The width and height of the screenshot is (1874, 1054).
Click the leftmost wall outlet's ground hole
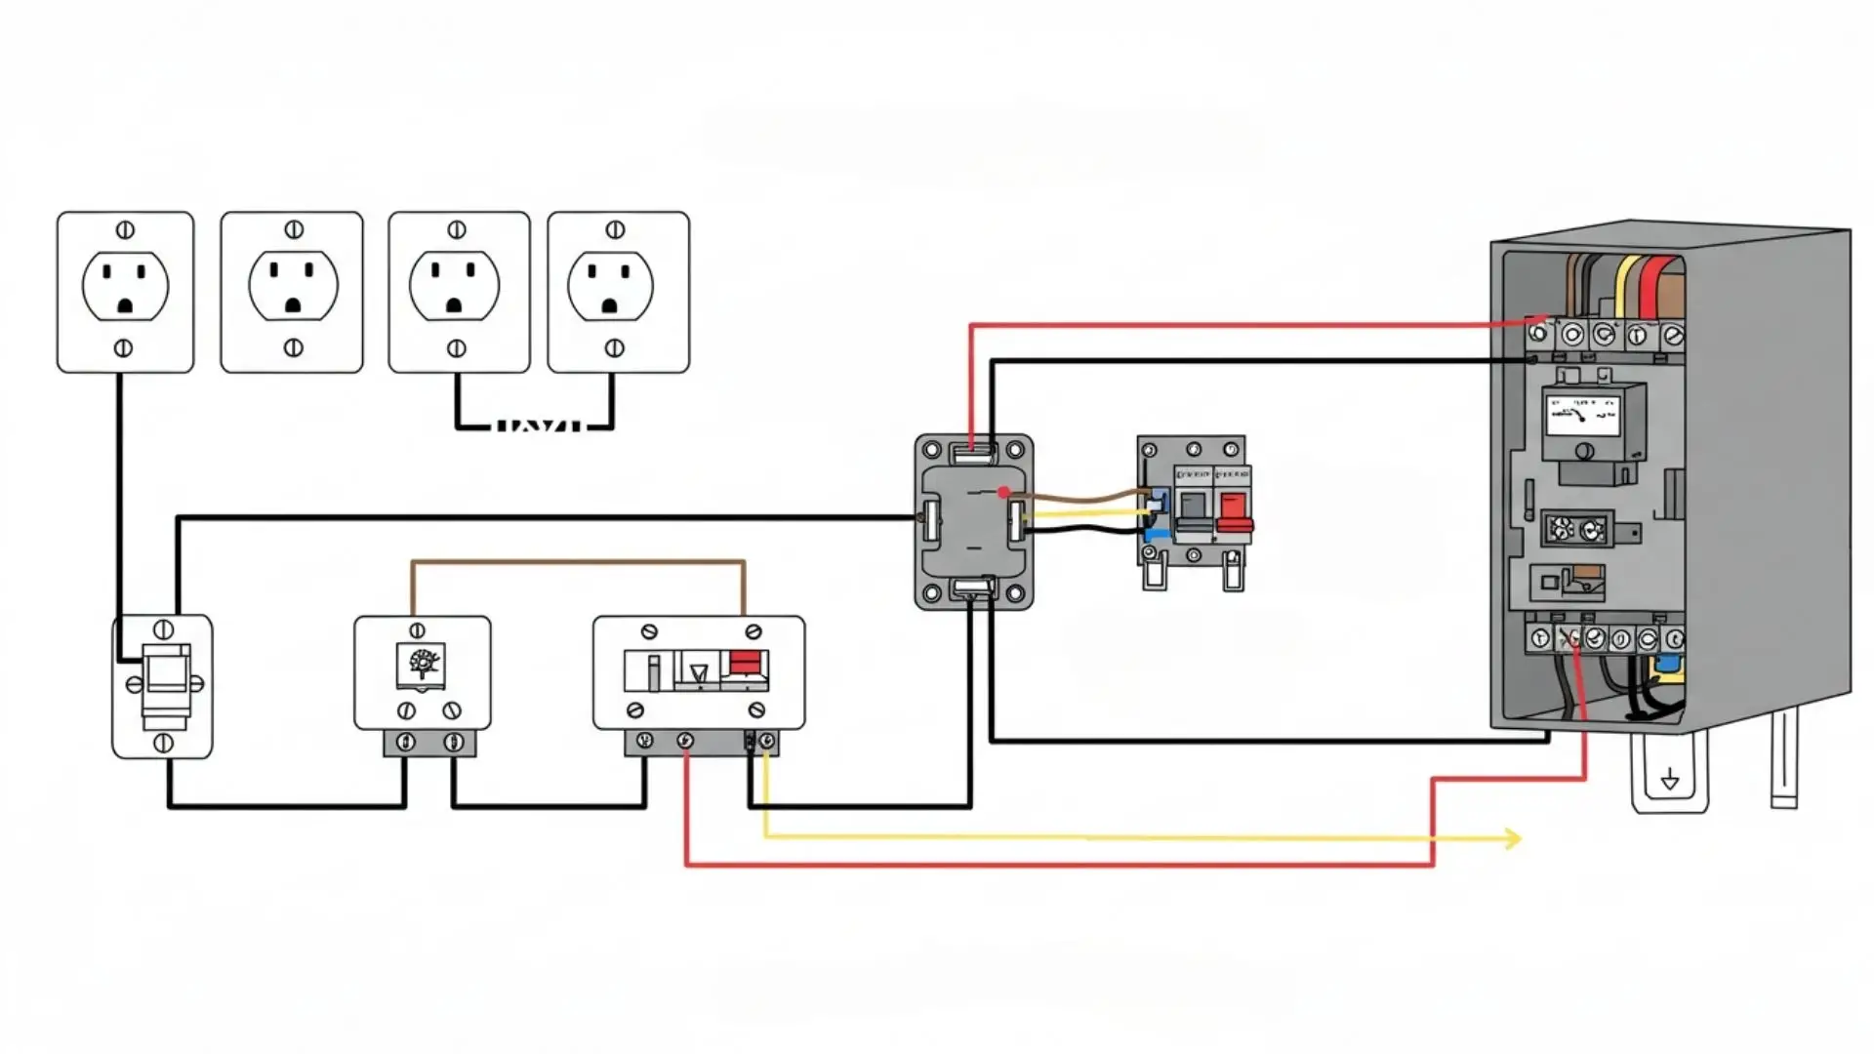[125, 306]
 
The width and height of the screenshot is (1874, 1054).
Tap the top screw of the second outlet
[293, 230]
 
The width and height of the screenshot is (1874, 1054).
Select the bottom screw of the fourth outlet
[615, 348]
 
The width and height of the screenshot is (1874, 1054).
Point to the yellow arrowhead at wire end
[1513, 838]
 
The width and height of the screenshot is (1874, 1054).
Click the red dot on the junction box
[1003, 493]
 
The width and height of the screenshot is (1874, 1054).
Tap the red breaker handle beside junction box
[1234, 510]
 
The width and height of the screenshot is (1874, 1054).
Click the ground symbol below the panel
[1670, 779]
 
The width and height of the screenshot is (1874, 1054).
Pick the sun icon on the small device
[422, 663]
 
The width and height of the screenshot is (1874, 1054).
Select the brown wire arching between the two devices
[578, 562]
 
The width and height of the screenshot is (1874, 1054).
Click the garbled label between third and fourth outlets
[539, 426]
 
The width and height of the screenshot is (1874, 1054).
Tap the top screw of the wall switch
[163, 629]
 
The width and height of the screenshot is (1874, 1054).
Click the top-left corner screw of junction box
[932, 451]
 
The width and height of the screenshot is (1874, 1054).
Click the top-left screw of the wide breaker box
[649, 631]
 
